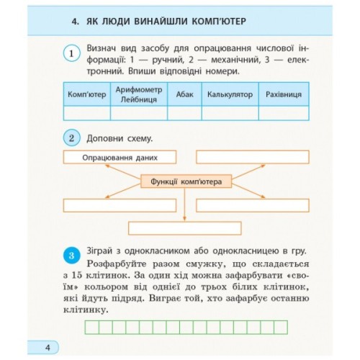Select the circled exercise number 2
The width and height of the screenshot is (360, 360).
pos(71,137)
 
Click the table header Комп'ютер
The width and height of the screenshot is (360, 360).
pos(86,94)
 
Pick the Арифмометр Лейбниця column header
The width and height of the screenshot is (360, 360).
pos(139,94)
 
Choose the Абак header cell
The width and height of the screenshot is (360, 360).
pos(184,94)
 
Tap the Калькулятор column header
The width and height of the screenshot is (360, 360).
pos(229,94)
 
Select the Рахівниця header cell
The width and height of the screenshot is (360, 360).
pos(283,94)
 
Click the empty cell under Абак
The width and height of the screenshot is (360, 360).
pos(184,113)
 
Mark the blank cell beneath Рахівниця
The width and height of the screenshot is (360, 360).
pos(283,113)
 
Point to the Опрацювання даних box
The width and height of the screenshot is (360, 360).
pos(119,157)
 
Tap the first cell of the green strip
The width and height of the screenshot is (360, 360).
pos(92,328)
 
